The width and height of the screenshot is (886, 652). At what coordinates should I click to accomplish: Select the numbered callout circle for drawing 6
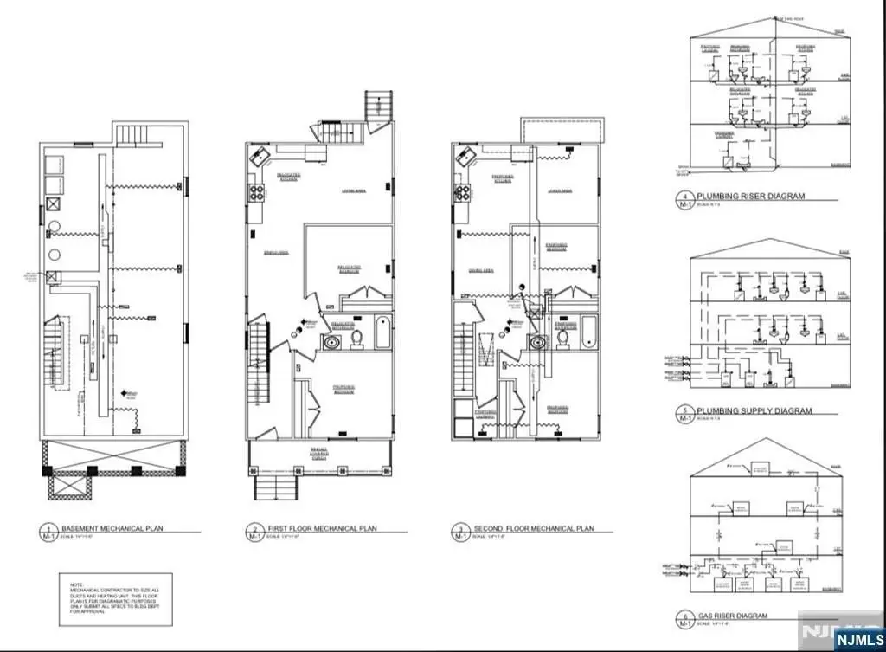tap(684, 621)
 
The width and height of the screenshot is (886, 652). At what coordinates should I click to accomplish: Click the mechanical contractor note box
tap(115, 598)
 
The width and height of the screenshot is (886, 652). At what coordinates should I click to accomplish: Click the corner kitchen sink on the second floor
tap(465, 156)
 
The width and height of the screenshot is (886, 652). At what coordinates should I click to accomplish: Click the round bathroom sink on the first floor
tap(331, 342)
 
